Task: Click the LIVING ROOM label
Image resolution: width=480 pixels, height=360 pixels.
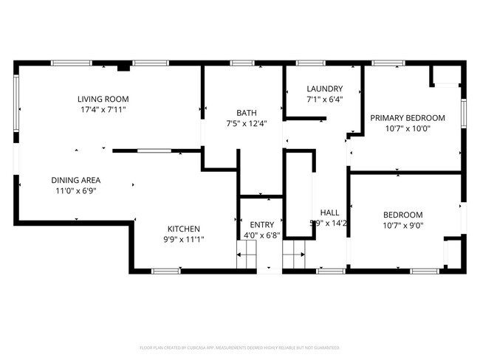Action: tap(103, 99)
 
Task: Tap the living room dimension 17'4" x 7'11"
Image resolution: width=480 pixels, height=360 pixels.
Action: tap(103, 109)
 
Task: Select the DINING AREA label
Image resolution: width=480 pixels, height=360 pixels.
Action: tap(76, 180)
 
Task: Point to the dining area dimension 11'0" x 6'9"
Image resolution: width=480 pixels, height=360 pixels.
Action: tap(76, 190)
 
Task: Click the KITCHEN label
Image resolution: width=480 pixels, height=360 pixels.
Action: tap(183, 229)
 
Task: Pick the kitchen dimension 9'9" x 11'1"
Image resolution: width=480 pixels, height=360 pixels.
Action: tap(183, 239)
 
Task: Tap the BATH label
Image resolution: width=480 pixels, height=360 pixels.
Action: tap(247, 113)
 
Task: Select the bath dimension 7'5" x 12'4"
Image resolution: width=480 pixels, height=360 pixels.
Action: tap(247, 123)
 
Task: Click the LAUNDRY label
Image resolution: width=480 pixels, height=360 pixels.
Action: tap(324, 89)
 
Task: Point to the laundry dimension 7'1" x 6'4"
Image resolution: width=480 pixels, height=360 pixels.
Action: tap(324, 99)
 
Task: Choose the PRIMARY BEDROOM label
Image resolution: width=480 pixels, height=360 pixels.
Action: tap(408, 118)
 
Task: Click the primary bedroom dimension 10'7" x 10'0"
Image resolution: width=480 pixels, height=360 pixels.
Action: tap(408, 128)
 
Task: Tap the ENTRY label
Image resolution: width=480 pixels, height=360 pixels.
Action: tap(261, 225)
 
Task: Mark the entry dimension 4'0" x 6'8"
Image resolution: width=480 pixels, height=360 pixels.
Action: tap(261, 235)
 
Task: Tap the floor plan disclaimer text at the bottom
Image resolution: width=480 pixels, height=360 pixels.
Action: tap(239, 347)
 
